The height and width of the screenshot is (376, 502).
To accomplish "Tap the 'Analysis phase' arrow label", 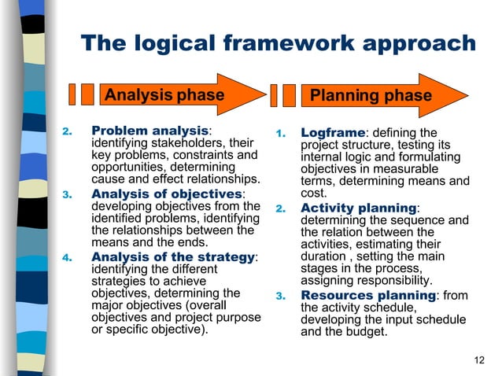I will click(x=164, y=95).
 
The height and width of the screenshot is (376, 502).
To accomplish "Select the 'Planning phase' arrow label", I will click(x=371, y=95).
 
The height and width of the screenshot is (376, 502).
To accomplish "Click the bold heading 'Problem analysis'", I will click(x=149, y=130).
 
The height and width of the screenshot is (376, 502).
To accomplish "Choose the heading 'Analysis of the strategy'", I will click(x=173, y=257).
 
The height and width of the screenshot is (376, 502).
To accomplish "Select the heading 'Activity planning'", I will click(x=358, y=208).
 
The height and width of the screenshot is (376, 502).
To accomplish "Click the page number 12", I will click(x=480, y=360).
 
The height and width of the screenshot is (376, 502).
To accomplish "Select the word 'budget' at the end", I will click(x=367, y=332).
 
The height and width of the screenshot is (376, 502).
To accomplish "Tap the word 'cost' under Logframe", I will click(x=312, y=194).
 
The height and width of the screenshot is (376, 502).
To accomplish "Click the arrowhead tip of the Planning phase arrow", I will click(x=468, y=95).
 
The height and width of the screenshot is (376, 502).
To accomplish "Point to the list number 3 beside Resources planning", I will click(x=279, y=296).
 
